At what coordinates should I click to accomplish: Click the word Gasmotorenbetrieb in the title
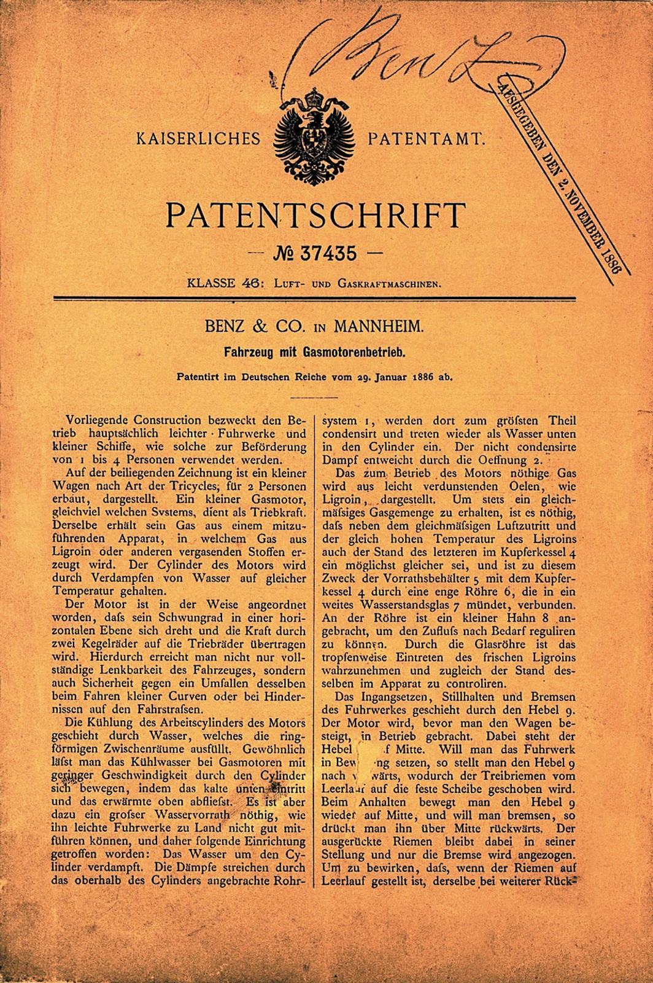[355, 353]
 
